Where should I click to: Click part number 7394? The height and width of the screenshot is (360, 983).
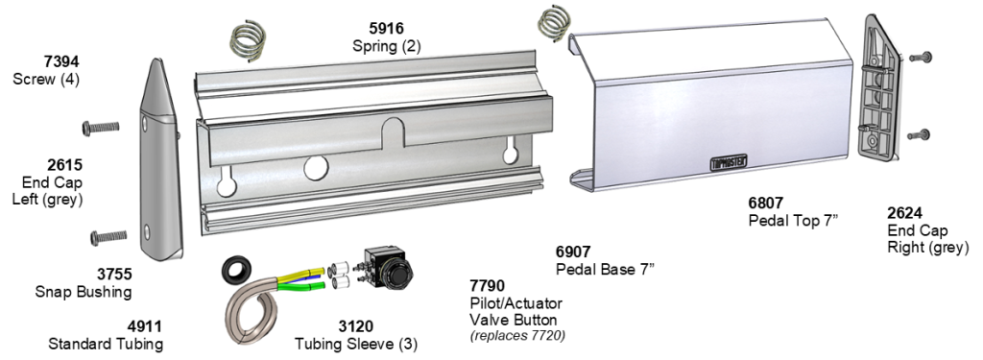pyautogui.click(x=61, y=61)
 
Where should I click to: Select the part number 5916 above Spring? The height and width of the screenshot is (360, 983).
pyautogui.click(x=386, y=28)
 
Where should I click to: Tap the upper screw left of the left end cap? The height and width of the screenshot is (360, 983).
pyautogui.click(x=100, y=128)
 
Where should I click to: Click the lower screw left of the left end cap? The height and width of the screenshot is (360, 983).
pyautogui.click(x=108, y=237)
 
